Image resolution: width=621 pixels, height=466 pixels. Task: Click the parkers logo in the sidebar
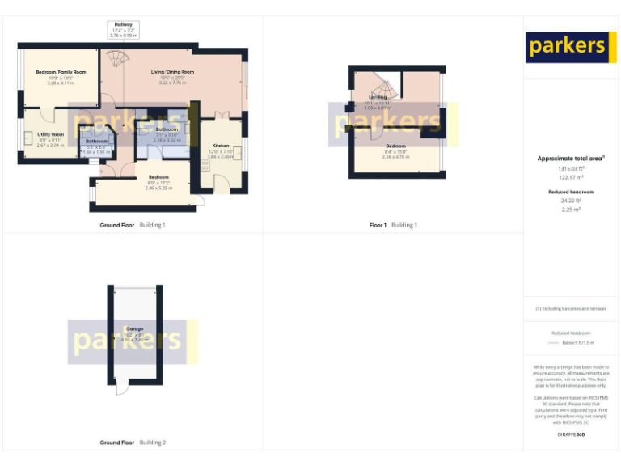click(x=566, y=47)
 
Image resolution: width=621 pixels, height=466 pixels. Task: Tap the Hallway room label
click(x=125, y=25)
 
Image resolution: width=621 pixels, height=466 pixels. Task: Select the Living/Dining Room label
click(x=172, y=72)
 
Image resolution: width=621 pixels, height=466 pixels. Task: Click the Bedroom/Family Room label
click(x=61, y=72)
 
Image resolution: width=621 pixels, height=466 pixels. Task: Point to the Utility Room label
click(x=50, y=134)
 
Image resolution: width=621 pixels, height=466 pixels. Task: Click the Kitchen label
click(x=220, y=146)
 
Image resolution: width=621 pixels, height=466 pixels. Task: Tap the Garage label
click(x=135, y=328)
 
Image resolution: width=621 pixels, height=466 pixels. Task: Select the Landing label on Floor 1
click(x=377, y=97)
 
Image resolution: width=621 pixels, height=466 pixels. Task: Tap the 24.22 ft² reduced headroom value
click(x=572, y=201)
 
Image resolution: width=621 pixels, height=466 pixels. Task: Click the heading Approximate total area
click(x=571, y=159)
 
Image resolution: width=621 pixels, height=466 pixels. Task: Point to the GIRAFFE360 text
click(x=571, y=435)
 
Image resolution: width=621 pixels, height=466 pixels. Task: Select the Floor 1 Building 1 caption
click(x=392, y=225)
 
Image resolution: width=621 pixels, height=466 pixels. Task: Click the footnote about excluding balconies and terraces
click(x=571, y=308)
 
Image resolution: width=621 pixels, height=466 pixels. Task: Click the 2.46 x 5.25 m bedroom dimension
click(x=158, y=188)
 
